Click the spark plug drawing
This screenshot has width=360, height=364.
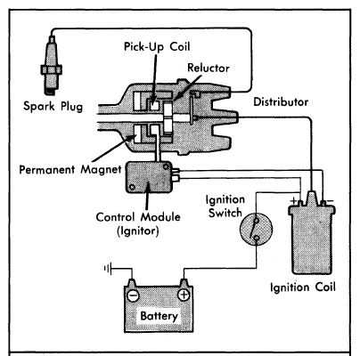point(52,66)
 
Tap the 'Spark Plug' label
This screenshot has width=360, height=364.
point(53,106)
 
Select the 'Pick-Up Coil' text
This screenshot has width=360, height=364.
point(157,47)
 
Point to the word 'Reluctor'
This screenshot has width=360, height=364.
point(209,68)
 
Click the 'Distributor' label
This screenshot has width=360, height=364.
point(281,101)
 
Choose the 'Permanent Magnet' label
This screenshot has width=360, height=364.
point(70,170)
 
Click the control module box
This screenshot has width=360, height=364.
point(149,177)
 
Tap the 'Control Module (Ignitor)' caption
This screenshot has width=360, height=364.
point(138,223)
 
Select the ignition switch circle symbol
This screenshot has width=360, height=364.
point(256,229)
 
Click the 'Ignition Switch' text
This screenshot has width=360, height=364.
point(225,206)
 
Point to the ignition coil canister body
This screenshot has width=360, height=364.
point(311,239)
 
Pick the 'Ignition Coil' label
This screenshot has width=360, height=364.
point(303,287)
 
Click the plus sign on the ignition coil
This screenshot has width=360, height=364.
point(294,200)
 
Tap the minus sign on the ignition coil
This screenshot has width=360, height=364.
point(330,201)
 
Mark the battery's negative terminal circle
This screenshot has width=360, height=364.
point(133,295)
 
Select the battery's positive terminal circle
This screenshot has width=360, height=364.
point(184,295)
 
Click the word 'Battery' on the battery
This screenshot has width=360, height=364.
point(160,316)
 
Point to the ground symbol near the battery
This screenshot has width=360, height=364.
point(108,269)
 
